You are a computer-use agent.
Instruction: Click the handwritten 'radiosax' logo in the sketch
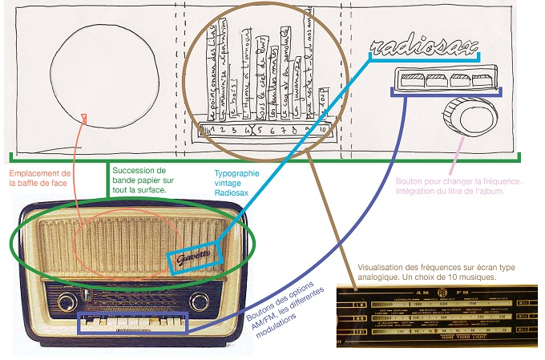[x=421, y=50]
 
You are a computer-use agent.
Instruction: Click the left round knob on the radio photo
[x=64, y=302]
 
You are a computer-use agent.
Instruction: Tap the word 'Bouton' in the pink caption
[x=411, y=182]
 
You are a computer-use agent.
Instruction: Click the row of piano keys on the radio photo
[x=132, y=324]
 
